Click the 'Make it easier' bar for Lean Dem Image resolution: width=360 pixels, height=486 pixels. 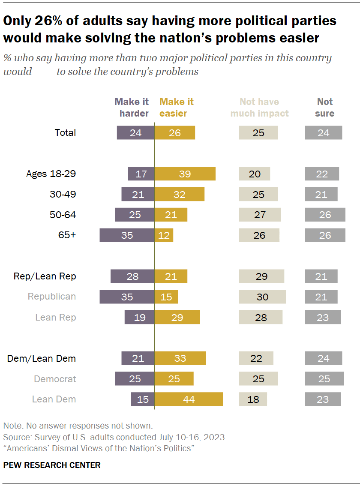(x=189, y=399)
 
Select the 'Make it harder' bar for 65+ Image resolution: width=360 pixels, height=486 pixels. (x=127, y=235)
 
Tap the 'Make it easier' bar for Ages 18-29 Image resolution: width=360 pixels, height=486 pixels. (x=185, y=174)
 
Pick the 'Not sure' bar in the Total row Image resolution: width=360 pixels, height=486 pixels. (x=323, y=133)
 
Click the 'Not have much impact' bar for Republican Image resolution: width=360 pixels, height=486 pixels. (x=262, y=297)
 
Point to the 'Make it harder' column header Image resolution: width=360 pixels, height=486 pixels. (x=132, y=108)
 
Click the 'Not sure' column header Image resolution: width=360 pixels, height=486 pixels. (x=324, y=108)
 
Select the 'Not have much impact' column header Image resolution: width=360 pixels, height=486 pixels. (x=259, y=108)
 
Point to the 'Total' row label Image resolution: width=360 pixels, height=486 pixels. (x=65, y=133)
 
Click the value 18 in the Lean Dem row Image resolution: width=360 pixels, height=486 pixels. (x=253, y=399)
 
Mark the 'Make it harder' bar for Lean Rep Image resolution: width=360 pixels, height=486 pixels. (x=139, y=318)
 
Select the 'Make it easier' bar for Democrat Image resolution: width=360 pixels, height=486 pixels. (x=174, y=379)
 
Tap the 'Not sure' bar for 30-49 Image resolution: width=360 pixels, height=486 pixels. (x=321, y=195)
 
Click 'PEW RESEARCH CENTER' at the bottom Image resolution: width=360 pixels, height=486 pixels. (x=52, y=465)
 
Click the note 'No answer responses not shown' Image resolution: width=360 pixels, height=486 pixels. (x=78, y=426)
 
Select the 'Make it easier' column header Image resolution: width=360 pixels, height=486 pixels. (x=177, y=108)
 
